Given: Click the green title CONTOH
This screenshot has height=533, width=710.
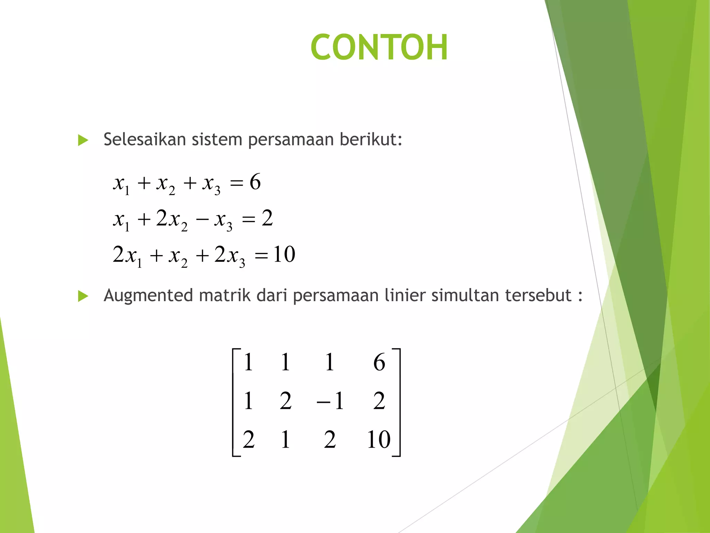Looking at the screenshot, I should coord(379,47).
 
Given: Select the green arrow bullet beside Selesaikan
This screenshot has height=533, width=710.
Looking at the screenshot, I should coord(83,140).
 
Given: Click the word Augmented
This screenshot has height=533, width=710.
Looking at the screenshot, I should coord(148,296).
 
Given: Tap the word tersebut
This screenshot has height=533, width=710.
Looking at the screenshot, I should coord(538,296).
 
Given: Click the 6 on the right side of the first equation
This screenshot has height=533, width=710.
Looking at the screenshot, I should coord(255,182).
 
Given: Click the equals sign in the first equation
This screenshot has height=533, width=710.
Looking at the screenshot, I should coord(236,183).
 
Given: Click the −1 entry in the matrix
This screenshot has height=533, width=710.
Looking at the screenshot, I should coord(330,401).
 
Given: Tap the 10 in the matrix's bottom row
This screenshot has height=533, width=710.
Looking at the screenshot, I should coord(379,440).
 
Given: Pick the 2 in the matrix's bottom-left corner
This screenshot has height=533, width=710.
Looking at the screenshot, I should coord(249,440).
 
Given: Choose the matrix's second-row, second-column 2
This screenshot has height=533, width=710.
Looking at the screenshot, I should coord(286,401).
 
